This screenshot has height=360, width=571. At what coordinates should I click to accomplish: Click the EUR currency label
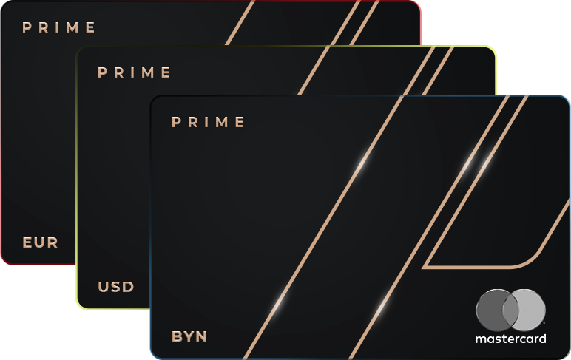[40, 242]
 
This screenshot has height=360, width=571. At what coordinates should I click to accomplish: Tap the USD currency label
[116, 286]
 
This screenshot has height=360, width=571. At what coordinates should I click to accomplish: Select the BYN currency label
[189, 337]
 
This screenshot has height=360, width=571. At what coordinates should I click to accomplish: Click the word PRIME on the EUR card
[59, 28]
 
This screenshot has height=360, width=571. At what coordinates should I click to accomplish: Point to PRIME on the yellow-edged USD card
[135, 72]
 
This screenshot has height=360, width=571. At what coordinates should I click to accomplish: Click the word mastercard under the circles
[511, 339]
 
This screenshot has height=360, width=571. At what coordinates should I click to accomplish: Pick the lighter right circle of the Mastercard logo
[530, 310]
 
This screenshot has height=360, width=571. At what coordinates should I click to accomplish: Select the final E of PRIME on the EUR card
[92, 28]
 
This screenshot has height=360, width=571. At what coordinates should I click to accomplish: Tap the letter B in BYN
[177, 337]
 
